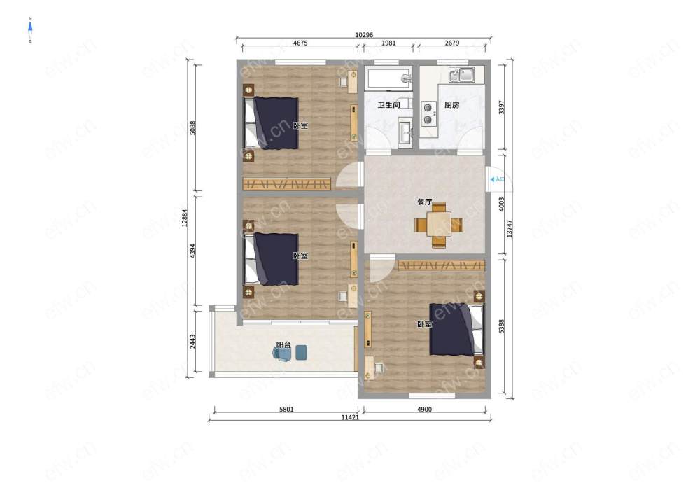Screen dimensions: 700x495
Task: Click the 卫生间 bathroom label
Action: [388, 105]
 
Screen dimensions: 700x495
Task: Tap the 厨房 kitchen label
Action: [451, 105]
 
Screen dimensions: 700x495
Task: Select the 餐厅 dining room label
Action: [425, 202]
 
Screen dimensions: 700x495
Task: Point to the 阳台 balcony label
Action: [283, 344]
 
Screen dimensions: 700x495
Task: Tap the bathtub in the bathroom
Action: [388, 78]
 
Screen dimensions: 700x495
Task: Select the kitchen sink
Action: [461, 74]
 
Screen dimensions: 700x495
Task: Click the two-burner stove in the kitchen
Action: [428, 113]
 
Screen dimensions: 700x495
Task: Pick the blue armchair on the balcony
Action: [282, 354]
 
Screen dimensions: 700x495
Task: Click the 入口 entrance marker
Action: [497, 179]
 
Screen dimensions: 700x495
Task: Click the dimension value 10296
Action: [364, 35]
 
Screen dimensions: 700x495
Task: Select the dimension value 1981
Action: [388, 43]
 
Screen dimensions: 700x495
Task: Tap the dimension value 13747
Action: [510, 228]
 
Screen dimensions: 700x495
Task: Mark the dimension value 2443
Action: [192, 342]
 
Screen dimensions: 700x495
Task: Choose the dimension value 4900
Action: [424, 410]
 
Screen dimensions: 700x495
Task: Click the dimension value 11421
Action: [350, 418]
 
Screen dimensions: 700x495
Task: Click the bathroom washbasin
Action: [405, 131]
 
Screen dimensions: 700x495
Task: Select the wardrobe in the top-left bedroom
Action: [286, 184]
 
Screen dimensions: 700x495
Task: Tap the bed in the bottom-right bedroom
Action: [456, 330]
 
